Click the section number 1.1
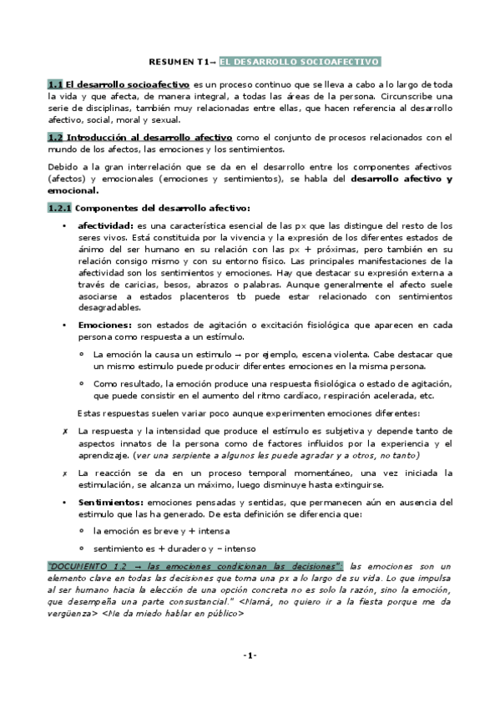pyautogui.click(x=55, y=84)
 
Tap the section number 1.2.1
pyautogui.click(x=59, y=208)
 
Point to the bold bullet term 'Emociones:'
pyautogui.click(x=104, y=323)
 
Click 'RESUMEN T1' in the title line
pyautogui.click(x=177, y=62)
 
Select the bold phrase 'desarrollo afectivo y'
pyautogui.click(x=401, y=179)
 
